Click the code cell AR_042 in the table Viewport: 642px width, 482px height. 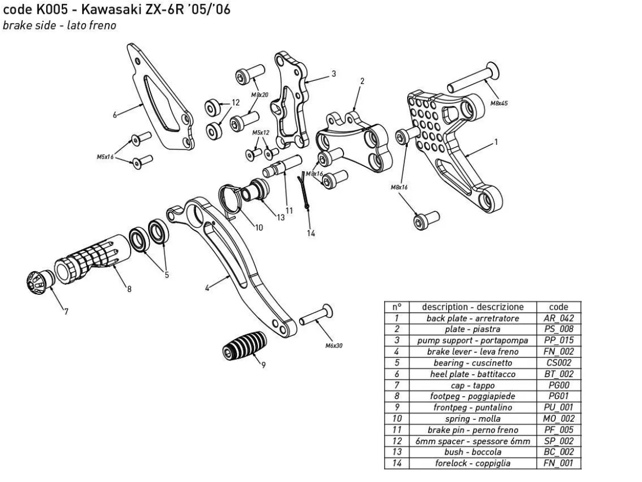click(559, 318)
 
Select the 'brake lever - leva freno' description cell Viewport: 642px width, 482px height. click(472, 352)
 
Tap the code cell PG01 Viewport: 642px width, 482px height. click(559, 396)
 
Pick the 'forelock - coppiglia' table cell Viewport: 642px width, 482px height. click(472, 463)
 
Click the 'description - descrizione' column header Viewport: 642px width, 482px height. click(472, 307)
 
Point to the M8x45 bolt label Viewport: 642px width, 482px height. click(499, 103)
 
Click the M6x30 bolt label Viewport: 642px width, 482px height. click(334, 346)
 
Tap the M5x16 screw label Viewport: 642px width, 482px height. click(105, 157)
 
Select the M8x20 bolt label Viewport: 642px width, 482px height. click(260, 94)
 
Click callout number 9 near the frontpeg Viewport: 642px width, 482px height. click(263, 365)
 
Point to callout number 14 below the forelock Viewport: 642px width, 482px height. click(311, 233)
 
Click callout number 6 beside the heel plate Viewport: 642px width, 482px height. click(115, 115)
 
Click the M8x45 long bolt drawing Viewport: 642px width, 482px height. click(474, 78)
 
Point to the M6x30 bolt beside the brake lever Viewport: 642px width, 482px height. click(316, 315)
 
